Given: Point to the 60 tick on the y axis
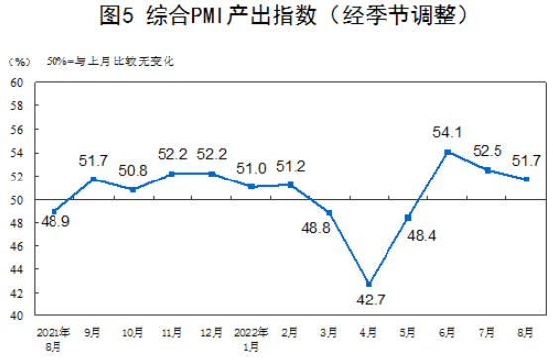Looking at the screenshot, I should point(17,82).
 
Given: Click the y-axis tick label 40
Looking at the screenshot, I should point(17,316).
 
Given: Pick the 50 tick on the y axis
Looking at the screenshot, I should point(17,199).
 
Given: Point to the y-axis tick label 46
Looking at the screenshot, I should point(17,246).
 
